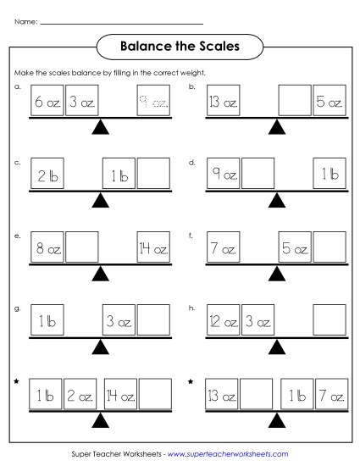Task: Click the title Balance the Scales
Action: [180, 45]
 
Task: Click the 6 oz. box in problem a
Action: [47, 103]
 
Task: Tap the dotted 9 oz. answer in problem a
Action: [153, 103]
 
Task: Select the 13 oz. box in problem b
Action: [224, 103]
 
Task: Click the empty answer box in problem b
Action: [294, 103]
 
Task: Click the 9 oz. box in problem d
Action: [224, 174]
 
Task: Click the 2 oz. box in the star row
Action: [82, 395]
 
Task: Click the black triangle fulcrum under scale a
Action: [101, 127]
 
